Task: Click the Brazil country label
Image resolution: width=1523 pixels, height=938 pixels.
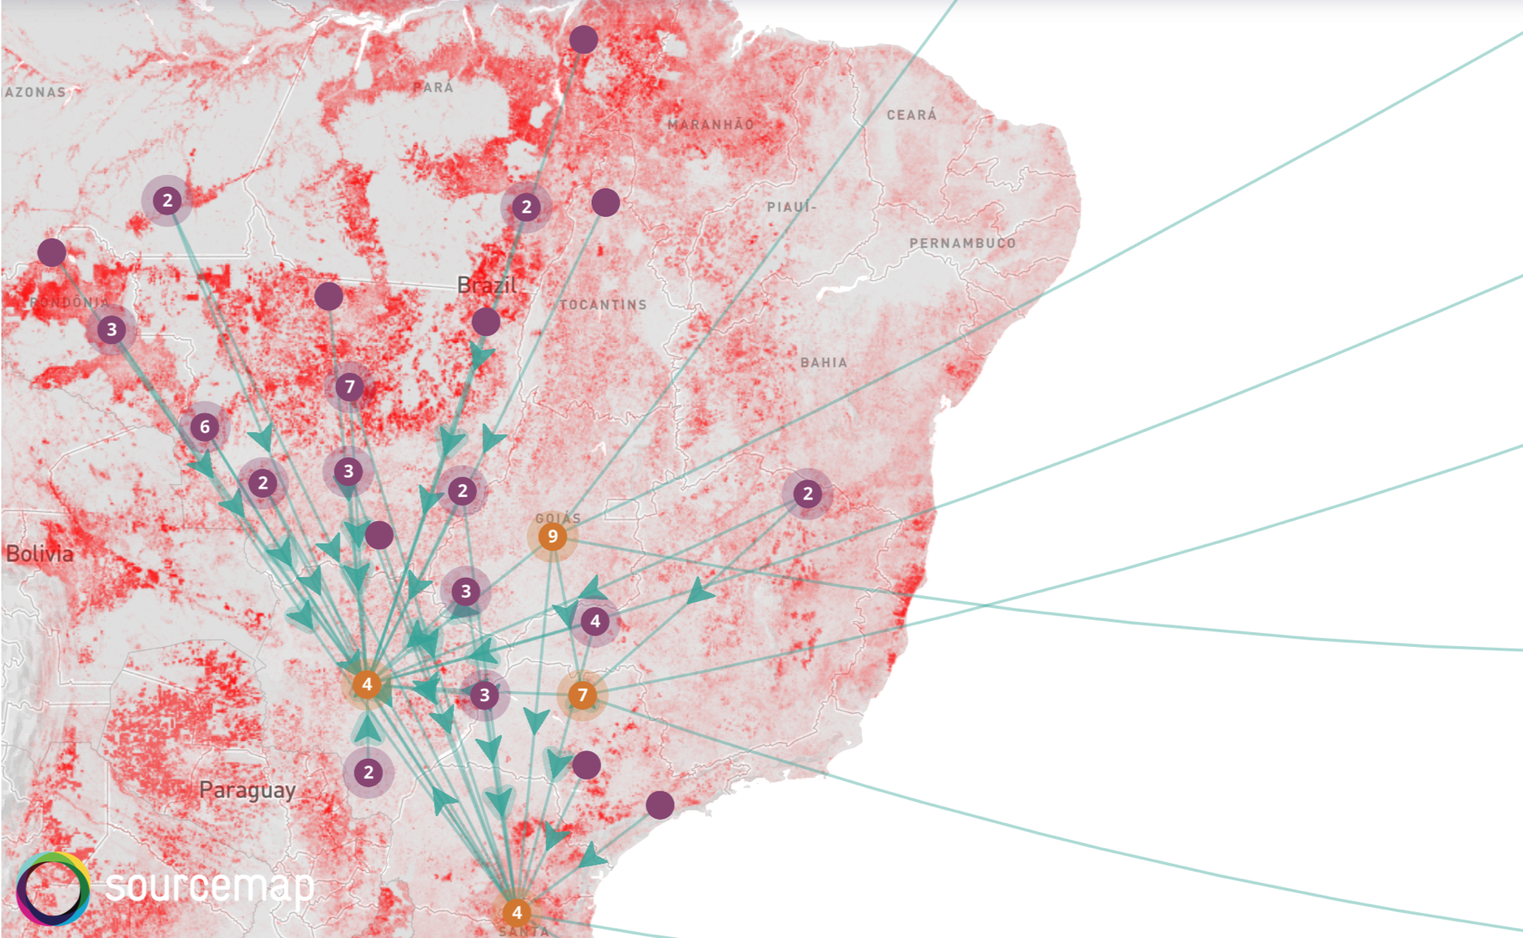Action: (487, 285)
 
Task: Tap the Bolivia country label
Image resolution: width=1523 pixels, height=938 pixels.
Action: (39, 554)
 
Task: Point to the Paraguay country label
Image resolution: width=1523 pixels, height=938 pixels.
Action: (247, 790)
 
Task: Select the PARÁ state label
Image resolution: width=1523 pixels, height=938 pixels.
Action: (433, 88)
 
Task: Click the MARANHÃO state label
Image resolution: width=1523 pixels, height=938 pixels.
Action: (711, 124)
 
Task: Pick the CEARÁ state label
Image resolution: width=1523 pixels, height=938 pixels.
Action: (911, 115)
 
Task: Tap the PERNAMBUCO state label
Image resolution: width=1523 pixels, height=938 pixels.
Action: (962, 243)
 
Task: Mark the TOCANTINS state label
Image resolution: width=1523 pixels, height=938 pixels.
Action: (603, 305)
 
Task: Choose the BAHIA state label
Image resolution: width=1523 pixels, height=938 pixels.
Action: (824, 363)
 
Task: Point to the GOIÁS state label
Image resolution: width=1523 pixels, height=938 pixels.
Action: (558, 518)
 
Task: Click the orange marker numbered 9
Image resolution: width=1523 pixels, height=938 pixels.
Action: (552, 537)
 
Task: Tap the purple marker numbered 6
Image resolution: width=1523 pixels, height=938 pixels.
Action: (205, 428)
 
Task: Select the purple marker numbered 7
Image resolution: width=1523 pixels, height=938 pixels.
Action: (349, 387)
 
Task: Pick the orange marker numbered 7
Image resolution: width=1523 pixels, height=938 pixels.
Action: (583, 695)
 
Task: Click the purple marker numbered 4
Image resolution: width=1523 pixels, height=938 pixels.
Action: (594, 621)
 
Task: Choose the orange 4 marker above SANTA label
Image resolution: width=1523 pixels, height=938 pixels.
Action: (517, 912)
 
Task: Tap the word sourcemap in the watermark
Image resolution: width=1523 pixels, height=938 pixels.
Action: (210, 885)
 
